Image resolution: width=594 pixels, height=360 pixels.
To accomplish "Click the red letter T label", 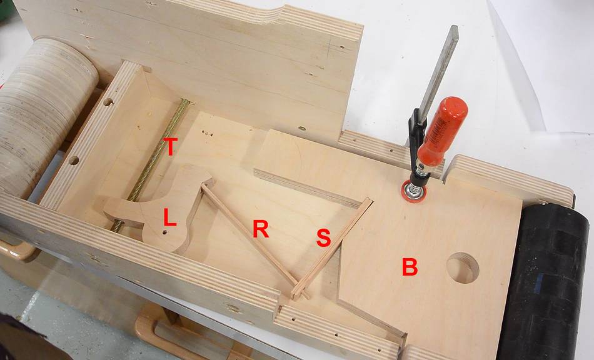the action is (x=170, y=146).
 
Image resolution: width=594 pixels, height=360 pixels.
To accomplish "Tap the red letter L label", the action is (x=169, y=217).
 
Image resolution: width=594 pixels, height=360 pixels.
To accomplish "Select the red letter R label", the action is (x=261, y=229).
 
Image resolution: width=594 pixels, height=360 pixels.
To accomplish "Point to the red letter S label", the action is (x=323, y=238).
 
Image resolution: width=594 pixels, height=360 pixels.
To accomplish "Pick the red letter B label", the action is (x=410, y=267).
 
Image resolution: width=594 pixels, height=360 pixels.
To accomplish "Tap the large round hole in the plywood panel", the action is (x=463, y=268).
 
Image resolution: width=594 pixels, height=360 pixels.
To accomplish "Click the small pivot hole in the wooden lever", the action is (x=164, y=232).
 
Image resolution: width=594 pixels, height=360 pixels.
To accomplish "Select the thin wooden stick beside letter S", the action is (x=332, y=247).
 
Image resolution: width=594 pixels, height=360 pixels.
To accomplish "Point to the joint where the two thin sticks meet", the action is (x=299, y=291).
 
